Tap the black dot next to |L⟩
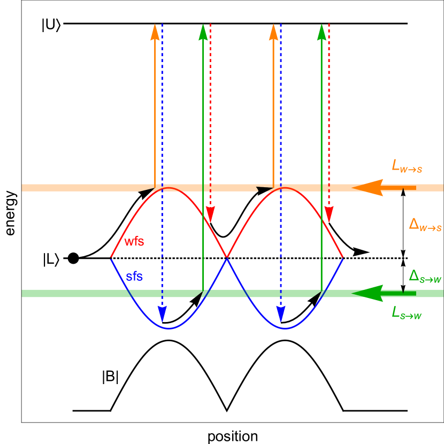pyautogui.click(x=74, y=259)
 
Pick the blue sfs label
pyautogui.click(x=135, y=277)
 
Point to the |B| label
pyautogui.click(x=110, y=377)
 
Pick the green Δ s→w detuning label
pyautogui.click(x=425, y=276)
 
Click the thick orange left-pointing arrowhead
pyautogui.click(x=366, y=187)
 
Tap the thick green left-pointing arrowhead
pyautogui.click(x=366, y=293)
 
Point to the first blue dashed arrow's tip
pyautogui.click(x=163, y=316)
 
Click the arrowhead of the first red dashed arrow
pyautogui.click(x=211, y=215)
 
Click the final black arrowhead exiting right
pyautogui.click(x=364, y=252)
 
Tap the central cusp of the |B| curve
pyautogui.click(x=227, y=410)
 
